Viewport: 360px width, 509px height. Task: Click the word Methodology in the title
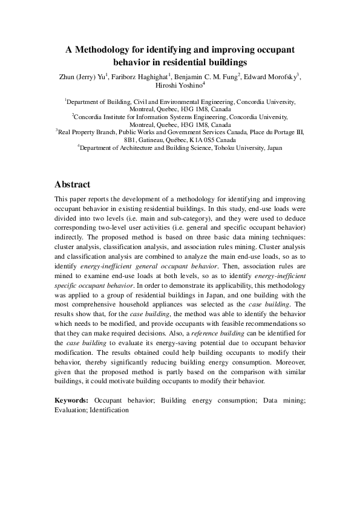[105, 49]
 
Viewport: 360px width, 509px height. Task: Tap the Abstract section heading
[73, 184]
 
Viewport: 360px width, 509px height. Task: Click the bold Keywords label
[71, 400]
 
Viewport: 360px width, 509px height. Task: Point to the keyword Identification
[109, 410]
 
